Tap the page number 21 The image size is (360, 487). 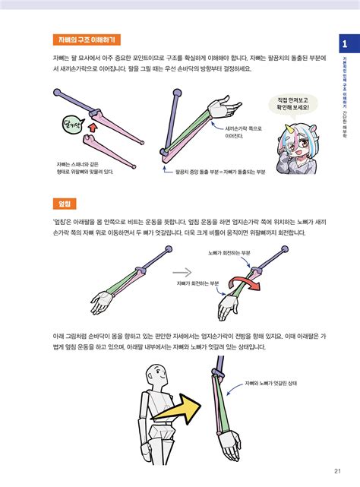[x=336, y=469]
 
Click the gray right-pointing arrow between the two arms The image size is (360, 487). [x=183, y=270]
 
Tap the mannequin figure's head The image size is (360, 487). [x=156, y=374]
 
